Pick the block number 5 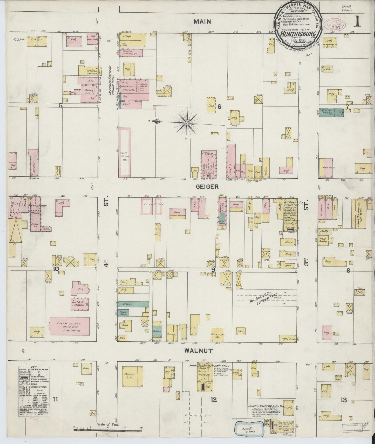[61, 105]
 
